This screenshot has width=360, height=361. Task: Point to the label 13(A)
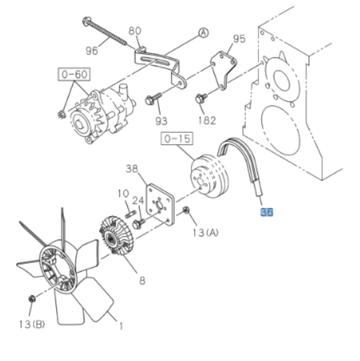pos(206,232)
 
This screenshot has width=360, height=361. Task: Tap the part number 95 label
pos(239,39)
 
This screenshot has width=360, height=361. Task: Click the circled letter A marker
pos(203,33)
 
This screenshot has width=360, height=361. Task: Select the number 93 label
pos(161,120)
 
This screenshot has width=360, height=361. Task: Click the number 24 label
pos(138,201)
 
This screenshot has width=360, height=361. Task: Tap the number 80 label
pos(135,31)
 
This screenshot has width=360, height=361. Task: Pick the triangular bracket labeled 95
pos(223,69)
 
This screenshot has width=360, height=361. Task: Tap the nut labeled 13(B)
pos(32,299)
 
